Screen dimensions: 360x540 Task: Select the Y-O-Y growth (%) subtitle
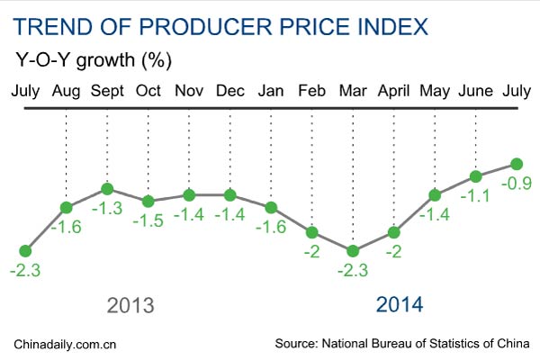94,62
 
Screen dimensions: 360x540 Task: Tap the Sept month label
107,91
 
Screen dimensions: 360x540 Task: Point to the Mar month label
353,91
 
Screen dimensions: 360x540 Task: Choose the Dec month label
229,91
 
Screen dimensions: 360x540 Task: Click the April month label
393,91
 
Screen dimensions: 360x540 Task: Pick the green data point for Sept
107,189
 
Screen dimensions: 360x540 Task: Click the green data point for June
475,175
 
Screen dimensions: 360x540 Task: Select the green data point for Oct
148,201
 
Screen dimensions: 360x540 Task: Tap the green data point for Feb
312,232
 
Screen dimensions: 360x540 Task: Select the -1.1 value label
477,195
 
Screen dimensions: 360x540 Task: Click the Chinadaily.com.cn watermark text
67,344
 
